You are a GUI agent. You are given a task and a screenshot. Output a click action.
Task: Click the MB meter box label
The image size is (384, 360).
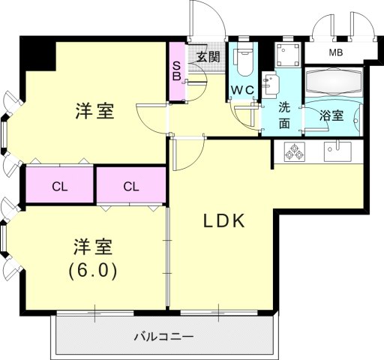[x=336, y=52]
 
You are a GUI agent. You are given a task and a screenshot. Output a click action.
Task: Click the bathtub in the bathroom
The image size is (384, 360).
[x=333, y=81]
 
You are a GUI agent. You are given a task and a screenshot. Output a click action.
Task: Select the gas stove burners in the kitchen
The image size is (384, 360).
[x=292, y=151]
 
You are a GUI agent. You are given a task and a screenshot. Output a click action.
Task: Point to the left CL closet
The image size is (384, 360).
[x=60, y=185]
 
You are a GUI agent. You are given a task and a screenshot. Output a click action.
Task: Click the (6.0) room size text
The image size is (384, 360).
[x=93, y=269]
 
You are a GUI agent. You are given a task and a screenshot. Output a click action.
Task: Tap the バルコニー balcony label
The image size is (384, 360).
[x=164, y=336]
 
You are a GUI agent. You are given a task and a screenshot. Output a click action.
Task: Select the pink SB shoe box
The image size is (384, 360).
[x=176, y=70]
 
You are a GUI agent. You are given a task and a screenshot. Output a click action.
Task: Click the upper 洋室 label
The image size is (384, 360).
[x=94, y=111]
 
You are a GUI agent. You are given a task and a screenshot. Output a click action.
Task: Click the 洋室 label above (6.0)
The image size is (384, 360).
[x=93, y=247]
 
